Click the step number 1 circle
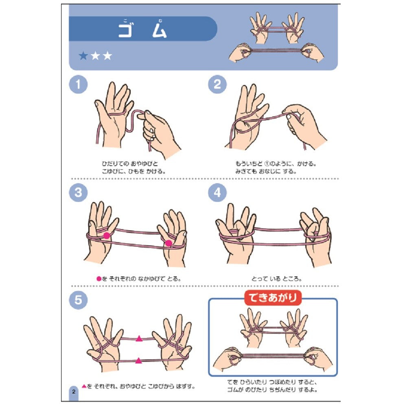[78, 84]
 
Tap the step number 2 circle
[217, 84]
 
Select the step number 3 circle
[78, 193]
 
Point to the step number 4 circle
[217, 193]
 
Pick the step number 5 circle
[78, 300]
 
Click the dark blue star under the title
[83, 55]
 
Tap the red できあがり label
[273, 298]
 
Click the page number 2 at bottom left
[74, 392]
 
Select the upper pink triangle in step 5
[139, 339]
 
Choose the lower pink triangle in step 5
[139, 361]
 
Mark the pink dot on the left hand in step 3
[106, 236]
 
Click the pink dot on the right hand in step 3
[168, 243]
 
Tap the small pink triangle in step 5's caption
[84, 386]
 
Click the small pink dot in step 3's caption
[99, 279]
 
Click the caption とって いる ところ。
[276, 279]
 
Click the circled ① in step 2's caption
[267, 164]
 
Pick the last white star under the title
[107, 55]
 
